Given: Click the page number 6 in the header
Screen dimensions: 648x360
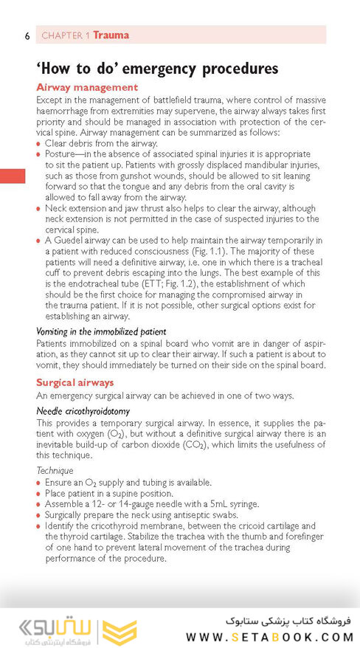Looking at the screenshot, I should click(27, 35).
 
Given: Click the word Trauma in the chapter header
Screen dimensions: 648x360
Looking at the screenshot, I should click(111, 35).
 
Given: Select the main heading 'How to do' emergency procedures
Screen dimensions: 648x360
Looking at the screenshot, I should click(157, 69).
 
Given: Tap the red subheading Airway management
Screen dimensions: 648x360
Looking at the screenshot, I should click(87, 87).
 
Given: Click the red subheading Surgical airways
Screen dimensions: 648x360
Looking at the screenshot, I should click(75, 382).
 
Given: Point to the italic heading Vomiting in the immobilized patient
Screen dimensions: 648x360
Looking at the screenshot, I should click(101, 331).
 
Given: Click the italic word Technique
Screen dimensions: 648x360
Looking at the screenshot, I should click(55, 470).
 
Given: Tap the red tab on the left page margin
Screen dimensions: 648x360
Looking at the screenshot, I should click(13, 176).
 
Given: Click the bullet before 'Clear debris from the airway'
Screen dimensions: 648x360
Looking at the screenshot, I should click(39, 144).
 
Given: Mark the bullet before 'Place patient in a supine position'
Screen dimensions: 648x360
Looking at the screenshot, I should click(39, 493).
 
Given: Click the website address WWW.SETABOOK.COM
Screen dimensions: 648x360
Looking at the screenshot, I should click(270, 637).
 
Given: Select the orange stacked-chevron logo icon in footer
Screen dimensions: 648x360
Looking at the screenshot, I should click(120, 632).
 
